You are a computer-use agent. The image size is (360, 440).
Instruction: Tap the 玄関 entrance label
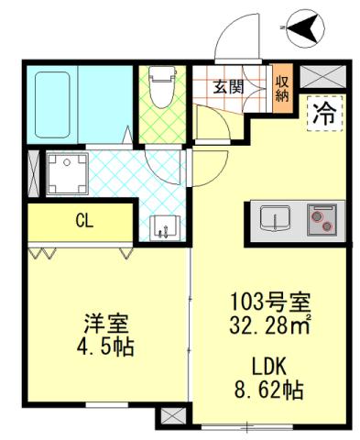coord(228,88)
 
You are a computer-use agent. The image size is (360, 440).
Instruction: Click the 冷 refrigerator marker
coord(323,114)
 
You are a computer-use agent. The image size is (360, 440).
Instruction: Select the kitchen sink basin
coord(273,219)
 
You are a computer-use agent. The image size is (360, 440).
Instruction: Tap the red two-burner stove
coord(322,219)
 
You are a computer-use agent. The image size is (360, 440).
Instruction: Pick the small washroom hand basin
coord(162,225)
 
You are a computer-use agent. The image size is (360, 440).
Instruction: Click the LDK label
coord(268,367)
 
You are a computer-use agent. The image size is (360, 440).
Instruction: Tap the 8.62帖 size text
coord(268,389)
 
